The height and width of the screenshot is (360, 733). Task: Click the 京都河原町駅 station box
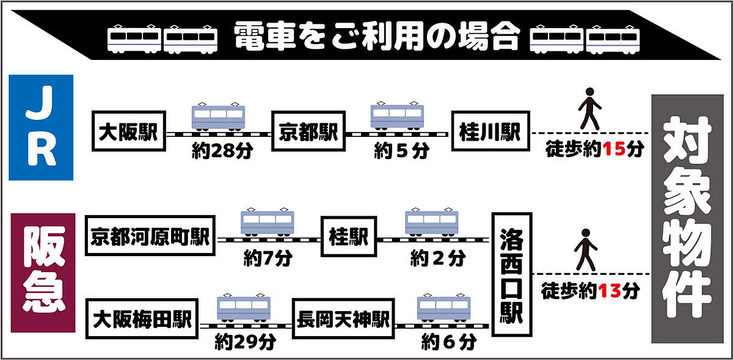150,237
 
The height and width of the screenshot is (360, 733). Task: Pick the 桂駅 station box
348,237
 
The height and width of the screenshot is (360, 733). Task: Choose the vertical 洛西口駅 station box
511,274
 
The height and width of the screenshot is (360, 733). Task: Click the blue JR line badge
42,127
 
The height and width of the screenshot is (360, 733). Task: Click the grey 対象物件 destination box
687,218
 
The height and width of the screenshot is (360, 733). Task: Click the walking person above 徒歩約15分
589,109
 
